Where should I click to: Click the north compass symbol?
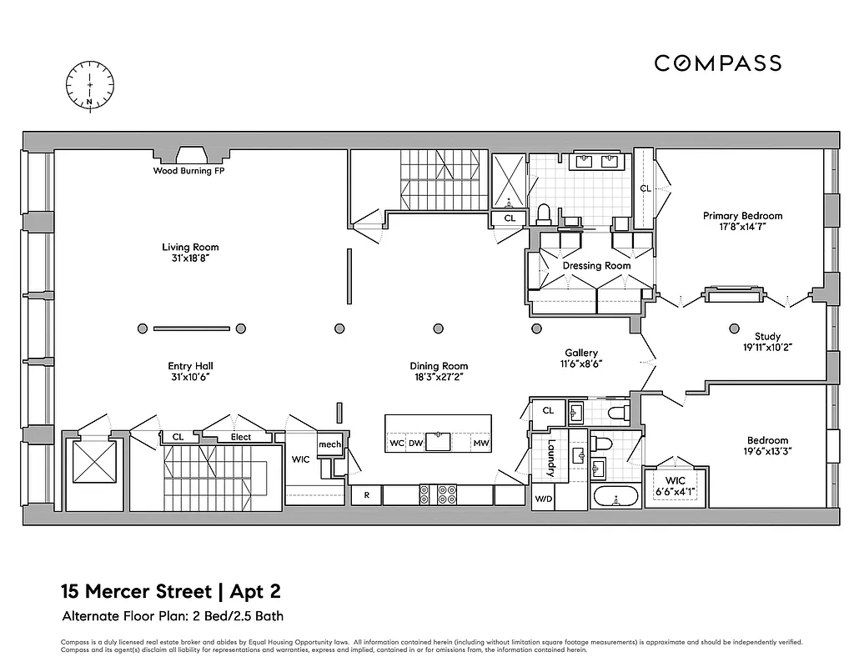90,85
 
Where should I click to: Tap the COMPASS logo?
717,63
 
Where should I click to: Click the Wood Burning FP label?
188,171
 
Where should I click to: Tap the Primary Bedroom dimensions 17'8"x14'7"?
742,226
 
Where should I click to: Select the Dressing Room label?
596,266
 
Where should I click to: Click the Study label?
767,337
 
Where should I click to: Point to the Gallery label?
581,354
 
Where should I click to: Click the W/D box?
542,499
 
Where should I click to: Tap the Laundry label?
550,459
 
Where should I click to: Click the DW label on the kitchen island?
414,444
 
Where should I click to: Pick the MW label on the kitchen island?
480,444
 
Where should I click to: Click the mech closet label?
329,444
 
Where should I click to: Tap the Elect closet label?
240,437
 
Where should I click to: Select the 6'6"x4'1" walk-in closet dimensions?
676,491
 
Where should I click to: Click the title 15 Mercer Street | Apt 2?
170,593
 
